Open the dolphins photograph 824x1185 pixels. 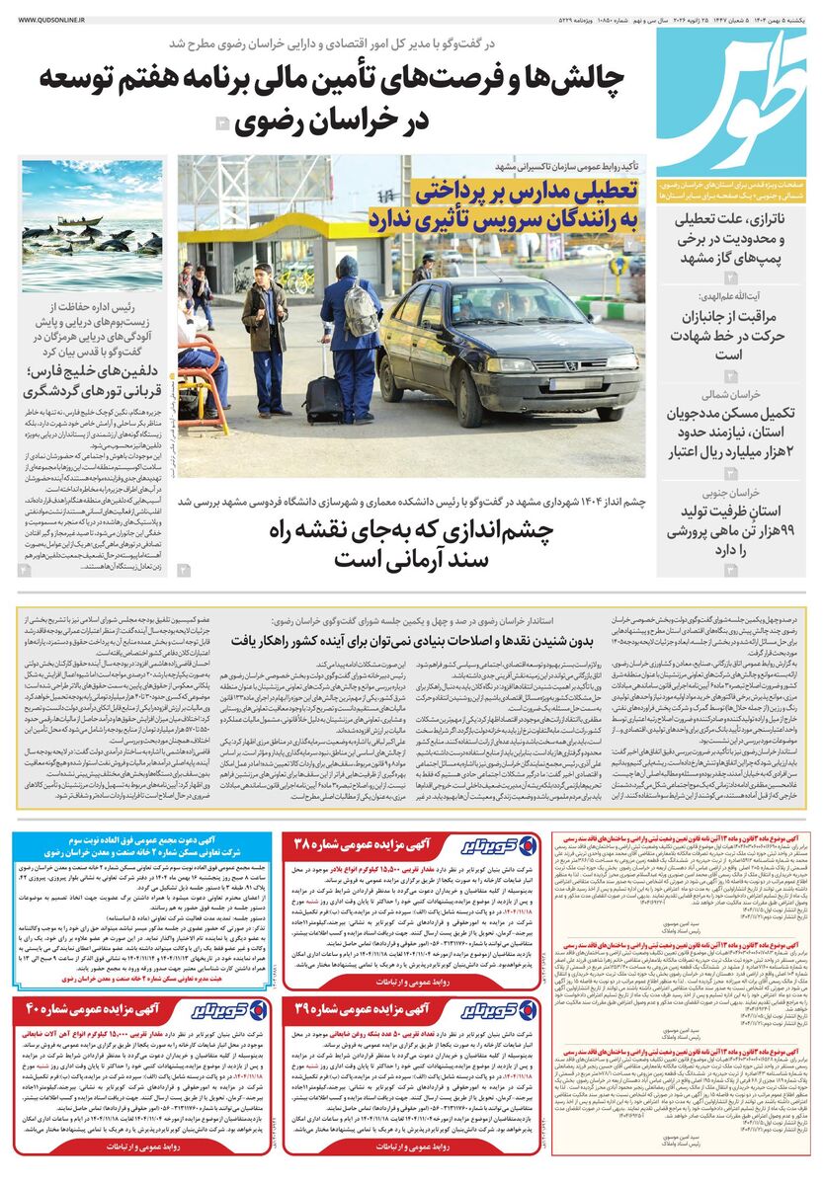tap(92, 226)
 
